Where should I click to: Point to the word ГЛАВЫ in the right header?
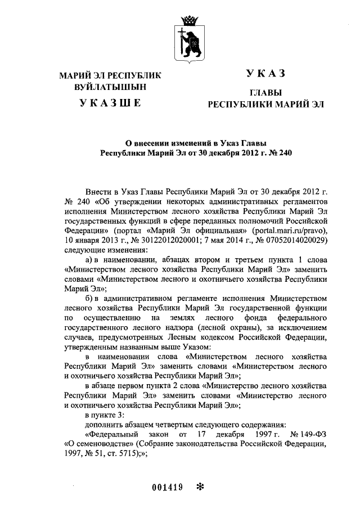(x=265, y=93)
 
